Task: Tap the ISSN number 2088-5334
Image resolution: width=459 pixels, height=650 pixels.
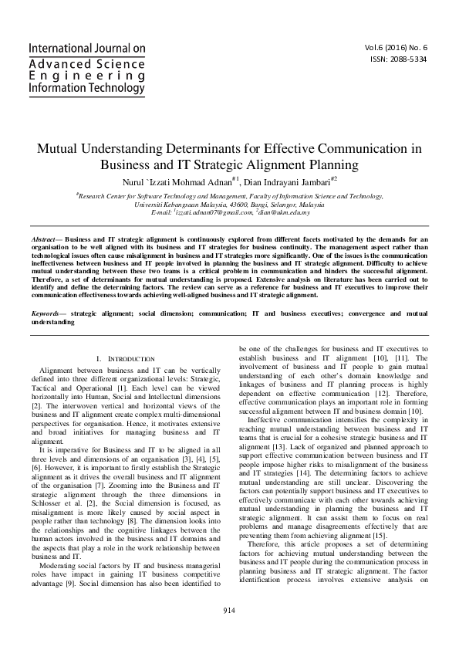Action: coord(410,59)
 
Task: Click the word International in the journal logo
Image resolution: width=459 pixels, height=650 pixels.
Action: coord(54,48)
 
